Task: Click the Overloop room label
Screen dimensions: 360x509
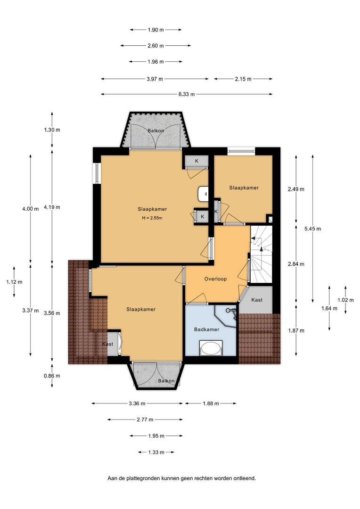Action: [x=215, y=279]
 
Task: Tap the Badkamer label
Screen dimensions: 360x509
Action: [x=206, y=329]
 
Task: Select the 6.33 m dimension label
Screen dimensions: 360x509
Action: [x=187, y=94]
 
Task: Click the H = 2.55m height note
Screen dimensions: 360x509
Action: [x=152, y=218]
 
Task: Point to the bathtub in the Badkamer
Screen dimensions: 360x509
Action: [x=211, y=348]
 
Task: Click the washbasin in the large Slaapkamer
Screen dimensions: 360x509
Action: [x=203, y=194]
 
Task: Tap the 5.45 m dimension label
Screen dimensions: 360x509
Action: [x=312, y=229]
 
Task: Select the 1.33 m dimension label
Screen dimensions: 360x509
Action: [x=156, y=452]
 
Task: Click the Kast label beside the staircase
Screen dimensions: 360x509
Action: [x=257, y=300]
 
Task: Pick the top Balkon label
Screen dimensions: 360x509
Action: [x=156, y=131]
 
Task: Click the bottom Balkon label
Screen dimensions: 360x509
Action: [x=166, y=381]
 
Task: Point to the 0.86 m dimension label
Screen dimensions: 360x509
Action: [x=52, y=376]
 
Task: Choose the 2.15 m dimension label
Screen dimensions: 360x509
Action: [x=243, y=79]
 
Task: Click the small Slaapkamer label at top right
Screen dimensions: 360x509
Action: [x=244, y=188]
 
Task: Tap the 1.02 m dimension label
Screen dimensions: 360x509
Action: [x=345, y=300]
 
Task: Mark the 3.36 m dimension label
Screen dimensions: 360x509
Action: [x=137, y=403]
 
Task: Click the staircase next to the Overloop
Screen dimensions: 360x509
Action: [x=261, y=254]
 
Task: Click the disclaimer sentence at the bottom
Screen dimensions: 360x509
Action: [x=181, y=478]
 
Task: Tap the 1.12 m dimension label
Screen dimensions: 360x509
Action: [x=14, y=282]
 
